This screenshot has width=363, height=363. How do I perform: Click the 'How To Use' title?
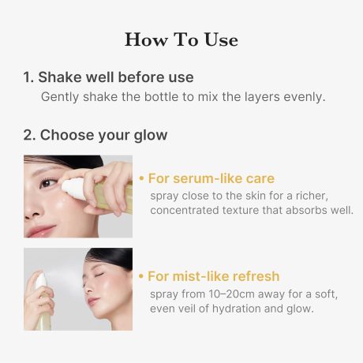click(x=181, y=39)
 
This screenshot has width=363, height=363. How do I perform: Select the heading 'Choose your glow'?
click(x=103, y=135)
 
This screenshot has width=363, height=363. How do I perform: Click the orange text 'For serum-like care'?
click(x=207, y=178)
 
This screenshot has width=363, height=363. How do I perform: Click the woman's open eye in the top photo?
click(x=49, y=183)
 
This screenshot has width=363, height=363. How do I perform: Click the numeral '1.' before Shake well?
click(x=28, y=77)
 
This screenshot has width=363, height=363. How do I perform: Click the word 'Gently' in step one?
click(x=59, y=97)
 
